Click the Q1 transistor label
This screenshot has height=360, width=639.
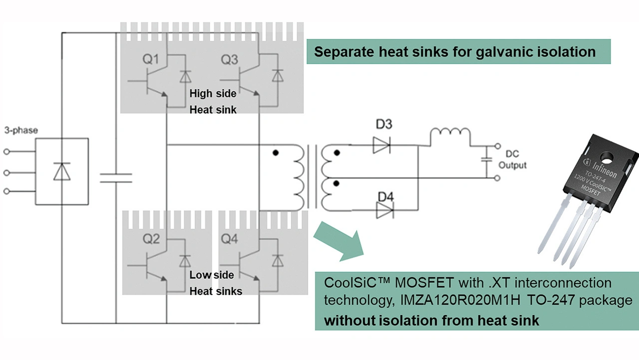coord(151,60)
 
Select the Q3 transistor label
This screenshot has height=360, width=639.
coord(229,60)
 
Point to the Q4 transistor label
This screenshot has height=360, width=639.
coord(229,239)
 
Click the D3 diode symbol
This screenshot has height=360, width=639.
coord(382,145)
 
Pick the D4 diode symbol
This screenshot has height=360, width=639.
coord(384,211)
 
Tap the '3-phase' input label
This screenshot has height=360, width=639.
coord(21,131)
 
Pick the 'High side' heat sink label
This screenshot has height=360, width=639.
coord(213,93)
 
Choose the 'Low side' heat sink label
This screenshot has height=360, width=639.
coord(212,275)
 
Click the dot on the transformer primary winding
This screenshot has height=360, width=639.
coord(276,153)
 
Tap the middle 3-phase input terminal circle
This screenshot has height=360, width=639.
coord(7,173)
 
